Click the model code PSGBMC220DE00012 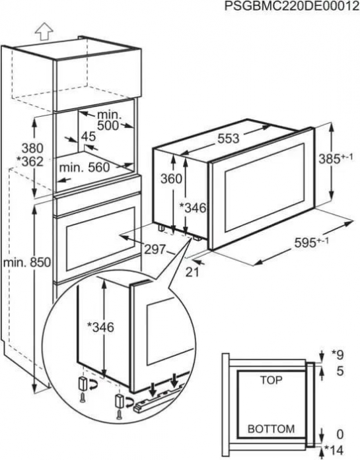[x=292, y=6]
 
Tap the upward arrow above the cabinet [x=44, y=31]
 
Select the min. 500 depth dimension [x=108, y=120]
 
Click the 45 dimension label [x=88, y=137]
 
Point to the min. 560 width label [x=85, y=168]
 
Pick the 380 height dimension [x=32, y=148]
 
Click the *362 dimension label [x=30, y=161]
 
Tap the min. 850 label [x=27, y=263]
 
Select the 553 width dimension [x=229, y=139]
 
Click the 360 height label [x=171, y=178]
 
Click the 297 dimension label [x=155, y=249]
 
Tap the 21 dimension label [x=192, y=272]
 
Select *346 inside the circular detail [x=100, y=327]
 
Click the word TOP [x=271, y=380]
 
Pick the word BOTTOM [x=271, y=429]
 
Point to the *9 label [x=337, y=355]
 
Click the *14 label [x=334, y=450]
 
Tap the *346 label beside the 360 [x=192, y=207]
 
